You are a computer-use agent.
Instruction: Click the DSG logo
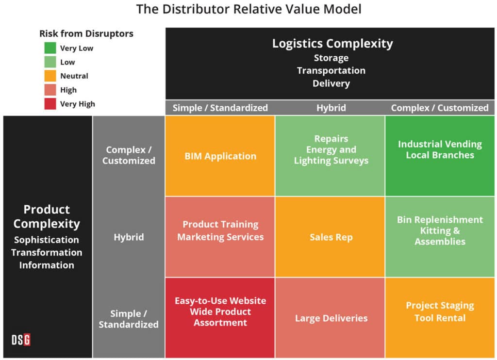point(21,340)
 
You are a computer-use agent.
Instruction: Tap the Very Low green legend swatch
point(50,48)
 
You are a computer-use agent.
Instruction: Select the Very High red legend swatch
point(50,103)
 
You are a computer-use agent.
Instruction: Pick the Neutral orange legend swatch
point(50,76)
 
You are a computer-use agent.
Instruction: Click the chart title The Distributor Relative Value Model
point(248,9)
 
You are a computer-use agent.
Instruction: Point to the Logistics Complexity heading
point(332,44)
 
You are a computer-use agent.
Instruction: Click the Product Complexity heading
point(47,216)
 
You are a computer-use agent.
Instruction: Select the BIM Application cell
point(220,156)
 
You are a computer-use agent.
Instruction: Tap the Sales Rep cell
point(331,237)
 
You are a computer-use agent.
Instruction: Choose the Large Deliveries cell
point(331,318)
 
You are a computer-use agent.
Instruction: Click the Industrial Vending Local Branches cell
point(440,149)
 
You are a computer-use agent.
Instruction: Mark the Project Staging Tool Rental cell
point(440,311)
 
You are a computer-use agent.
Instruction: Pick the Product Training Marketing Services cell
point(220,230)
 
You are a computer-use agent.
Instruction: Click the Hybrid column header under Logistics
point(331,108)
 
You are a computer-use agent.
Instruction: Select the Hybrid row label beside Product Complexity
point(129,237)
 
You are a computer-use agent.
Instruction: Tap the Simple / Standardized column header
point(220,108)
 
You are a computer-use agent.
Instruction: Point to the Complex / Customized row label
point(129,155)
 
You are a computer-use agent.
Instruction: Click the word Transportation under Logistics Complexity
point(331,70)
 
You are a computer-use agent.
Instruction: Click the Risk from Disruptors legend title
point(86,33)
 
